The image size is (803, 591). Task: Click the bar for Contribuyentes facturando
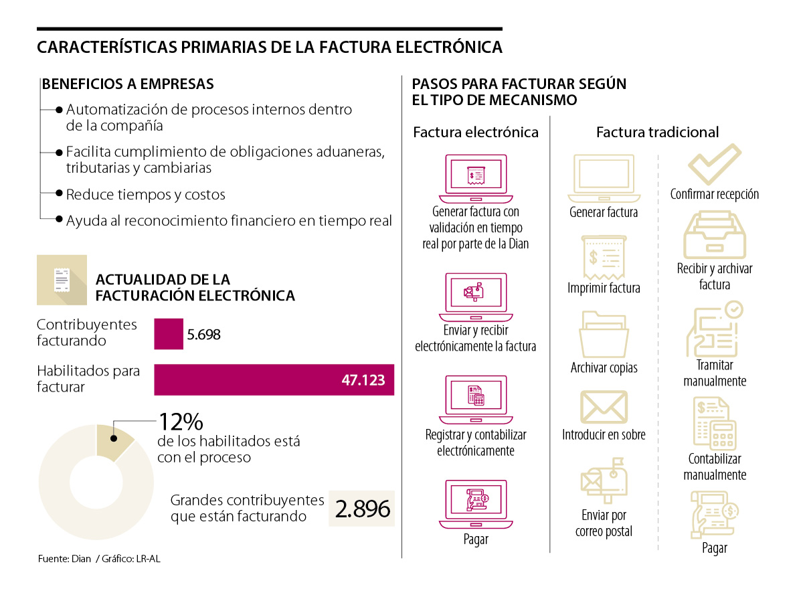coord(169,333)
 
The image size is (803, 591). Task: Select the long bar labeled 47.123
coord(274,379)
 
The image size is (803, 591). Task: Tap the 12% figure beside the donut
coord(180,422)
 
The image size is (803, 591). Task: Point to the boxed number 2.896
coord(362,509)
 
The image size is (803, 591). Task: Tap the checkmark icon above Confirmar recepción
coord(715,165)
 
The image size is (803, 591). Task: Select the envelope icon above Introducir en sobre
coord(604,407)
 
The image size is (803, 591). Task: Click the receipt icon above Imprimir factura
coord(604,256)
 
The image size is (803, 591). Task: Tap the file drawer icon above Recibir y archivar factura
coord(715,235)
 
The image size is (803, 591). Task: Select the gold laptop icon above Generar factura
coord(604,178)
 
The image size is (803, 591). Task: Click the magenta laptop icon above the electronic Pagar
coord(476,504)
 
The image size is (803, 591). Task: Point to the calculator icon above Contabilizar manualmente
coord(715,423)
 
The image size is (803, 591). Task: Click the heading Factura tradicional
coord(657,132)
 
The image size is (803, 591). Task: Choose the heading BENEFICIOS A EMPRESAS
coord(128,84)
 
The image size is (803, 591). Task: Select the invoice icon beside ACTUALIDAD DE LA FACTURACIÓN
coord(62,280)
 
